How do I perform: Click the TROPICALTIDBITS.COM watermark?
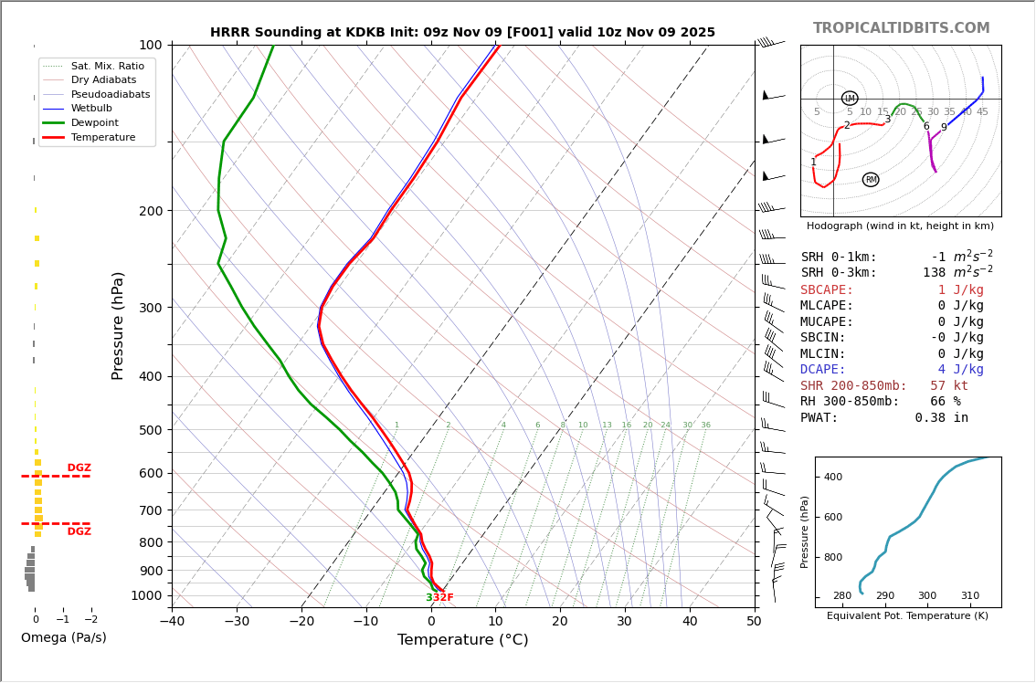coord(901,28)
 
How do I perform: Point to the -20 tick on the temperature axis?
coord(301,622)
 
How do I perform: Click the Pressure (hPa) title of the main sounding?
coord(118,325)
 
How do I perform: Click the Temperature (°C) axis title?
coord(462,640)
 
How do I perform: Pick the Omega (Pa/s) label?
coord(63,637)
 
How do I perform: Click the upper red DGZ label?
coord(79,468)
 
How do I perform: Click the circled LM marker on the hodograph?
coord(850,99)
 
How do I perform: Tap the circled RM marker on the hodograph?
coord(871,180)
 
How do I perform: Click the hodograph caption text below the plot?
coord(900,226)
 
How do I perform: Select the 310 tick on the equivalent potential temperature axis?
coord(969,596)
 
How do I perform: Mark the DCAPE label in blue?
coord(827,370)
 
